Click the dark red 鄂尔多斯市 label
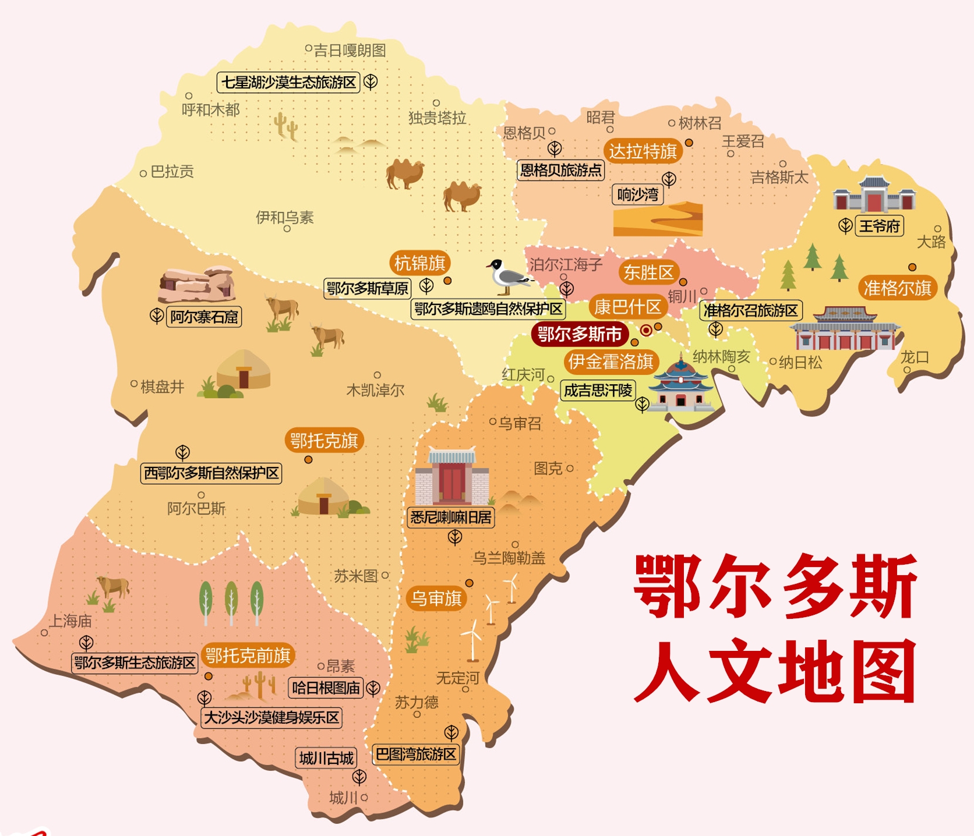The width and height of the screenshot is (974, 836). (x=580, y=335)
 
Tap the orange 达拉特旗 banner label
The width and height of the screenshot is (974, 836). (x=643, y=151)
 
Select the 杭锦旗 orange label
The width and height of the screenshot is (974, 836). (x=419, y=264)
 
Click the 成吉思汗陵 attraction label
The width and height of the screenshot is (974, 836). (x=598, y=390)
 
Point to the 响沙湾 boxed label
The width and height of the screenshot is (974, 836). (x=637, y=194)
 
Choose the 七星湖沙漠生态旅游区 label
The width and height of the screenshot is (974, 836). (x=288, y=83)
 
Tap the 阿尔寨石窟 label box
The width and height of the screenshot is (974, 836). (x=204, y=317)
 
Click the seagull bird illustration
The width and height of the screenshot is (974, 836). (x=509, y=277)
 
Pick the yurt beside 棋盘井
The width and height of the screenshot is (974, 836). (x=243, y=370)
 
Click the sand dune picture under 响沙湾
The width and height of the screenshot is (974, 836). (x=658, y=219)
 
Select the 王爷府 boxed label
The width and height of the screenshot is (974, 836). (x=880, y=226)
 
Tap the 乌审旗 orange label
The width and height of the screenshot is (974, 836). (x=436, y=598)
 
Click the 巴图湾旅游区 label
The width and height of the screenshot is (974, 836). (x=416, y=754)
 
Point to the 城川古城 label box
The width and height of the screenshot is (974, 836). (x=326, y=758)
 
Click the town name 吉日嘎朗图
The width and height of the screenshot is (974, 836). (x=350, y=51)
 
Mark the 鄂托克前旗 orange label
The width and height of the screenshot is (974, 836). (x=248, y=656)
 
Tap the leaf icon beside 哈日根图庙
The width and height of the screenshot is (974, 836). (x=373, y=688)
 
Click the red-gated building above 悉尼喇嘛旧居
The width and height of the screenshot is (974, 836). (x=452, y=477)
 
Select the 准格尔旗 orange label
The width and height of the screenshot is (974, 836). (x=897, y=288)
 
